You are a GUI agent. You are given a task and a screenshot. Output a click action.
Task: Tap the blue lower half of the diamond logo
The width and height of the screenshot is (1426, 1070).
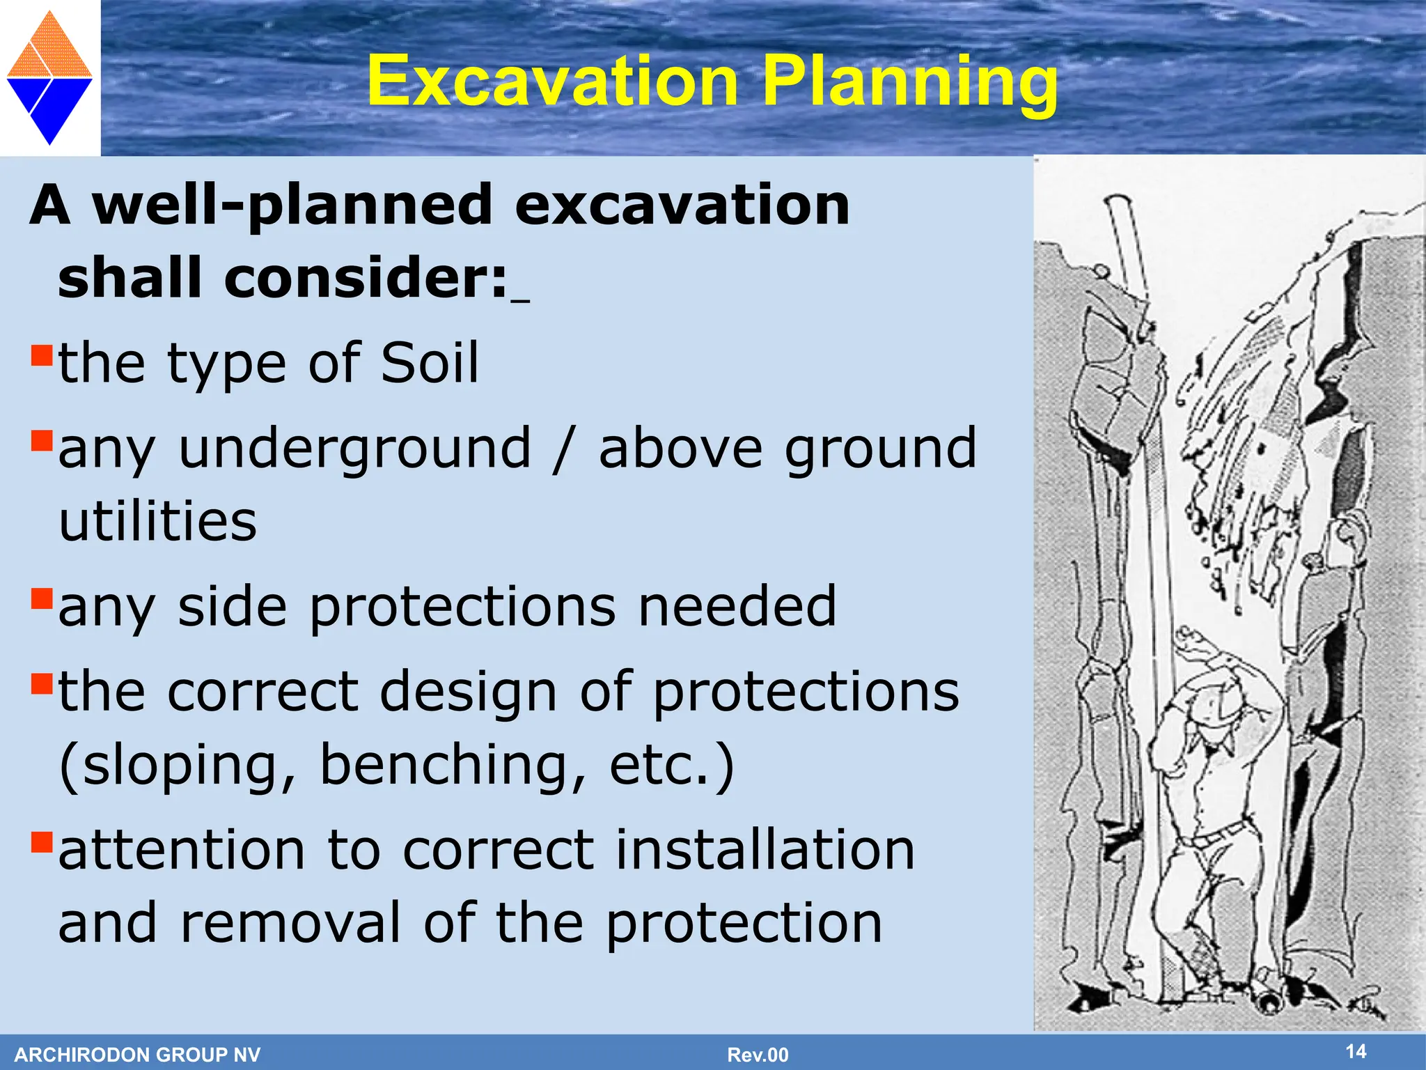(50, 104)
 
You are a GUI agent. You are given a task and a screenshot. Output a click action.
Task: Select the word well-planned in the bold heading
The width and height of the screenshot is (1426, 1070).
(292, 207)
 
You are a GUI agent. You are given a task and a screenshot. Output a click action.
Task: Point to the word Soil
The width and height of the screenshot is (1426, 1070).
(430, 363)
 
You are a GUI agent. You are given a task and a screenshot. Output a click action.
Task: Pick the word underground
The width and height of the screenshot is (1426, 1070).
(354, 449)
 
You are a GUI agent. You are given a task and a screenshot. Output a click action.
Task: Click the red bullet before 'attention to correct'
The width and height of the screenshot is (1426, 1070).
(42, 842)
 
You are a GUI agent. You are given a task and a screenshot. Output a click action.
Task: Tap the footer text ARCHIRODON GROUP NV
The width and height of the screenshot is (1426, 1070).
(137, 1055)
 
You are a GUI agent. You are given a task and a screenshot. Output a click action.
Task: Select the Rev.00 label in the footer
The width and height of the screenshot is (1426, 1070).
(758, 1055)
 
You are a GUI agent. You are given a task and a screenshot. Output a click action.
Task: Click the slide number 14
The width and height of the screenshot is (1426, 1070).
(1355, 1051)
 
